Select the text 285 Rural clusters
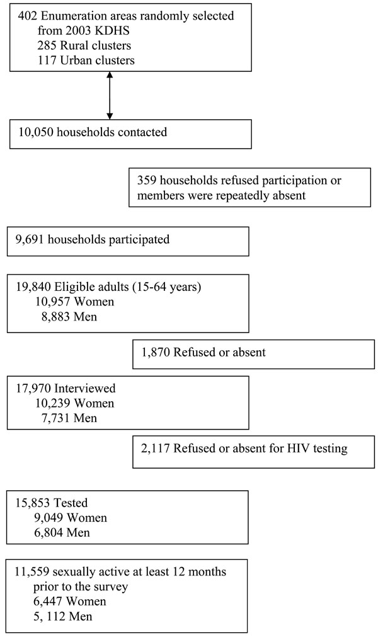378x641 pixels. (84, 45)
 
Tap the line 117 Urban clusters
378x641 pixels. (86, 60)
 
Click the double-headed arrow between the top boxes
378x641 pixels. (110, 96)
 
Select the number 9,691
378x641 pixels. (30, 240)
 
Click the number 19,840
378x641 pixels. (33, 288)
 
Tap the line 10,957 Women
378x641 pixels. (75, 302)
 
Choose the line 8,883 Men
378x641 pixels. (69, 317)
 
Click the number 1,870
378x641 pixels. (156, 353)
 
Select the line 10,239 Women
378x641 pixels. (75, 404)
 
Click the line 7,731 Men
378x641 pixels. (69, 418)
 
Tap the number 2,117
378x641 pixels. (155, 449)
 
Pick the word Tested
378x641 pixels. (71, 503)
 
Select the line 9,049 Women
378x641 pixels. (71, 518)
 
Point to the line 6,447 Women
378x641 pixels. (70, 601)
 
